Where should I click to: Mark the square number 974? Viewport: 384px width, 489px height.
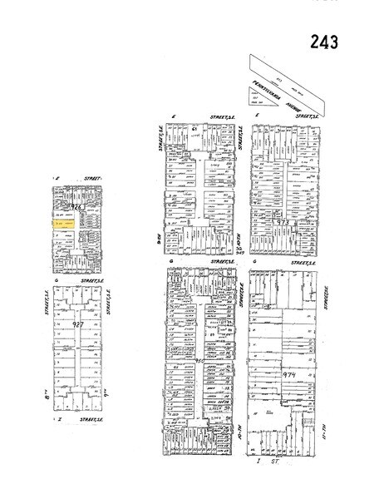pyautogui.click(x=289, y=375)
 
